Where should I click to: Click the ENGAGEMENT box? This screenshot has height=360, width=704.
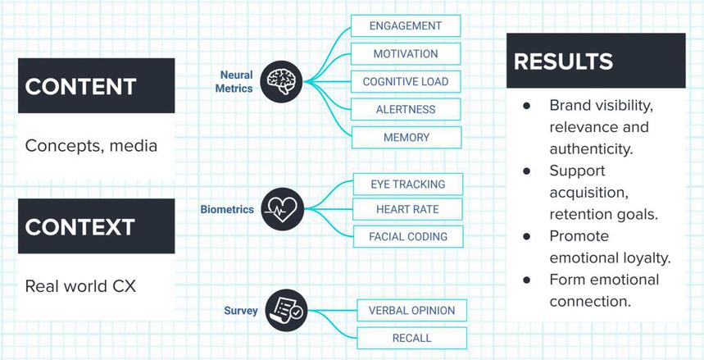click(x=405, y=25)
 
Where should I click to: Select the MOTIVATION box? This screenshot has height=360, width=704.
click(x=405, y=54)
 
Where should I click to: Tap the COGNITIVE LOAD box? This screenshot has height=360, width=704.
click(x=405, y=82)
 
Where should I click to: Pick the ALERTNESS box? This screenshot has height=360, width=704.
click(x=405, y=110)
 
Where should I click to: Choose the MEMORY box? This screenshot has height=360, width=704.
click(x=405, y=138)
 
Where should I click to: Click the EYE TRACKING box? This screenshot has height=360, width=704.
click(x=407, y=184)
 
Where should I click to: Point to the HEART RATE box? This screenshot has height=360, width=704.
click(x=407, y=210)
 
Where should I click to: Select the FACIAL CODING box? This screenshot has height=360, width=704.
click(x=407, y=237)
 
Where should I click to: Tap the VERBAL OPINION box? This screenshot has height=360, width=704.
click(x=411, y=311)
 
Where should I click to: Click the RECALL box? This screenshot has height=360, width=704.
click(x=411, y=338)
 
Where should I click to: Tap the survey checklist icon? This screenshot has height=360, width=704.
click(x=286, y=311)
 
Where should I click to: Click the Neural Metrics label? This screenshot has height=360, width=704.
click(x=236, y=82)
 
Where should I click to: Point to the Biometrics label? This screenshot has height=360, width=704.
click(x=227, y=210)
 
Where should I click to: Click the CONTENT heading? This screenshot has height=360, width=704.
click(x=79, y=86)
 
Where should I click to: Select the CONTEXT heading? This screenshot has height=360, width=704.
click(x=79, y=226)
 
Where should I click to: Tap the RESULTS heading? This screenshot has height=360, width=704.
click(x=564, y=62)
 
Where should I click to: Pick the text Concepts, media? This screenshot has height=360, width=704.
click(x=90, y=145)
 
